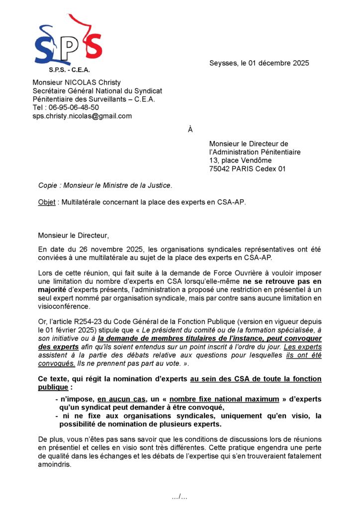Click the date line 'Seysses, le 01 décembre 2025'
pos(259,63)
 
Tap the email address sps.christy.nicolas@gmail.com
pos(82,116)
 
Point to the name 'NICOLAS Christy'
pos(95,83)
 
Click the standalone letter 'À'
pos(190,130)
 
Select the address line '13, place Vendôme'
pos(240,161)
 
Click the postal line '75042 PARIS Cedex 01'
pos(247,169)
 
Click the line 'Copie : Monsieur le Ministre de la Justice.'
pos(105,186)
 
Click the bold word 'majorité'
pos(53,290)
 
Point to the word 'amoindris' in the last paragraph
pos(55,465)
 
